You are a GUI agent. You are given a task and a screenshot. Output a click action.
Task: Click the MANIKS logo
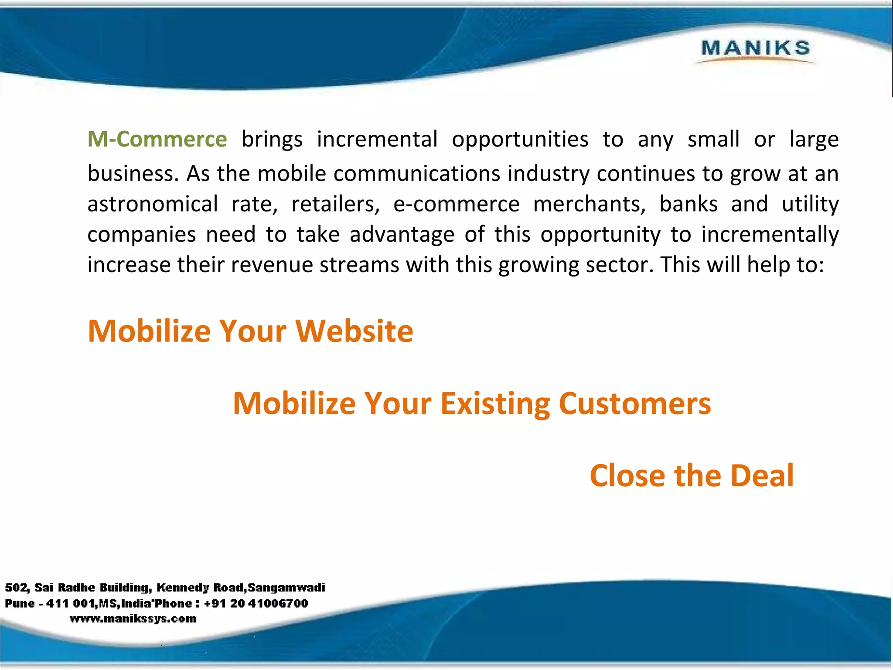[755, 48]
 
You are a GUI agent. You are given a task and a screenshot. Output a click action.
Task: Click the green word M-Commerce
[157, 140]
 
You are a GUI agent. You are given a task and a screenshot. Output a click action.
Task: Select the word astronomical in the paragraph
[153, 204]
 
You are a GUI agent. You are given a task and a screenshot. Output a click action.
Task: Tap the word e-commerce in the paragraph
[456, 204]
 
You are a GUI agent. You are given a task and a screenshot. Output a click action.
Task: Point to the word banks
[688, 204]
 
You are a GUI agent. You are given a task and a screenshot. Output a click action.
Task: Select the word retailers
[335, 204]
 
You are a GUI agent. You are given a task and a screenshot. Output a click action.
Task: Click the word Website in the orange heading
[354, 331]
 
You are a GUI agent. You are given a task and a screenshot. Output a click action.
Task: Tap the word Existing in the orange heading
[495, 403]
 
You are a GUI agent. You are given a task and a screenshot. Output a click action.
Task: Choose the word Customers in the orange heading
[634, 403]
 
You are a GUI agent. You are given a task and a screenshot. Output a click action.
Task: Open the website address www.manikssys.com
[133, 619]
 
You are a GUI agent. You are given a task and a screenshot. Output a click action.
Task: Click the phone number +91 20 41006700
[256, 603]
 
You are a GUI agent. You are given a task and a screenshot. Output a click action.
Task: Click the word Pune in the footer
[20, 603]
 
